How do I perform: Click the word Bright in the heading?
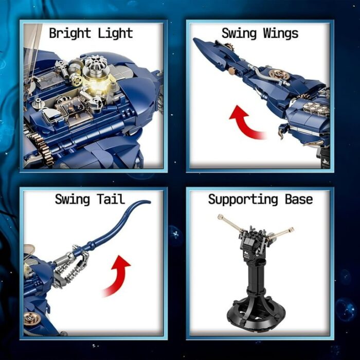pyautogui.click(x=70, y=33)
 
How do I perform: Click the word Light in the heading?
pyautogui.click(x=116, y=33)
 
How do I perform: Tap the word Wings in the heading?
pyautogui.click(x=281, y=33)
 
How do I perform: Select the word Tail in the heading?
pyautogui.click(x=111, y=199)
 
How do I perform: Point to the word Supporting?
pyautogui.click(x=243, y=200)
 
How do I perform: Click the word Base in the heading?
pyautogui.click(x=299, y=199)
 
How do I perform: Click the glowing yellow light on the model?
pyautogui.click(x=99, y=86)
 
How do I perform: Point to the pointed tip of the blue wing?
pyautogui.click(x=194, y=39)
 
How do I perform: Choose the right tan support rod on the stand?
pyautogui.click(x=281, y=233)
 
